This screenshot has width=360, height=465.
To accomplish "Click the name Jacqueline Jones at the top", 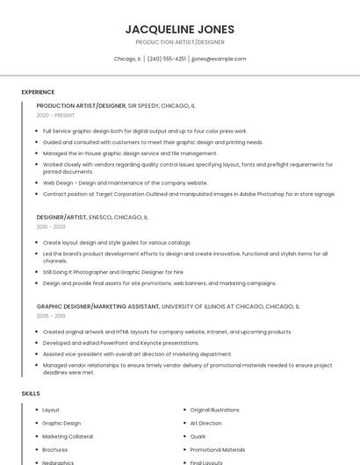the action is pos(180,29).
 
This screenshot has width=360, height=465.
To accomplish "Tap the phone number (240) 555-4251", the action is pos(166,59).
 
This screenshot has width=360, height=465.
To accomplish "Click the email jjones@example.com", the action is pos(219,59).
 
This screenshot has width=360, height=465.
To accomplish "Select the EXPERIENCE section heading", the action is pos(38,92).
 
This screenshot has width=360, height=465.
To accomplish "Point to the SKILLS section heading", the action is pos(31,394).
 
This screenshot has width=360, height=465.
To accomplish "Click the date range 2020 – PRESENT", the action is pos(55,116).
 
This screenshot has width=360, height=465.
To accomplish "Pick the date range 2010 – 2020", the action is pos(51,226).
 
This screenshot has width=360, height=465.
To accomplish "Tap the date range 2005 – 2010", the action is pos(51,316).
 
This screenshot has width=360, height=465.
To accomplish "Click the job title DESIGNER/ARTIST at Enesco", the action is pos(61,217).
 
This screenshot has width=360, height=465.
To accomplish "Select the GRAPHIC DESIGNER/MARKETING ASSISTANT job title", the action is pos(97,306).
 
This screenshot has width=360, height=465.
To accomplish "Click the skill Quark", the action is pos(198,436).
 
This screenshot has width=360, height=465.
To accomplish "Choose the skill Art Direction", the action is pos(205,423).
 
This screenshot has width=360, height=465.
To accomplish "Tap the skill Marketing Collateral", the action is pos(67,436).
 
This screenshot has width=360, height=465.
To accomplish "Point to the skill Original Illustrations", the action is pos(214,410).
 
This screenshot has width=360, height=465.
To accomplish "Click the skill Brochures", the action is pos(55,449).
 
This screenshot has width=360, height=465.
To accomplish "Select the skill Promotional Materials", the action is pos(218,449).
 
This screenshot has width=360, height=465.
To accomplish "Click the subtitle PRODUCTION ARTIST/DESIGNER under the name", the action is pos(180,41).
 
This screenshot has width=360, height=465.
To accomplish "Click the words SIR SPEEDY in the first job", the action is pos(143,105).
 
